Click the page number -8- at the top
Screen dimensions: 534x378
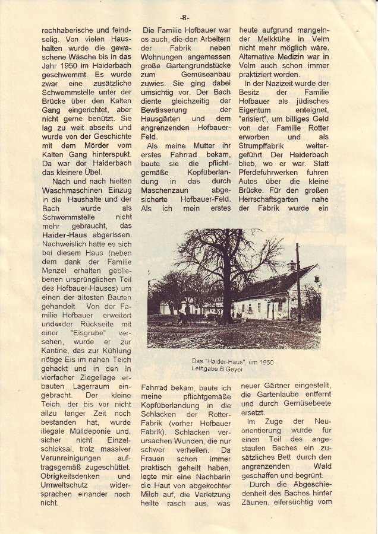click(184, 17)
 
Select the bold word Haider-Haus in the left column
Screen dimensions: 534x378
click(66, 235)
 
